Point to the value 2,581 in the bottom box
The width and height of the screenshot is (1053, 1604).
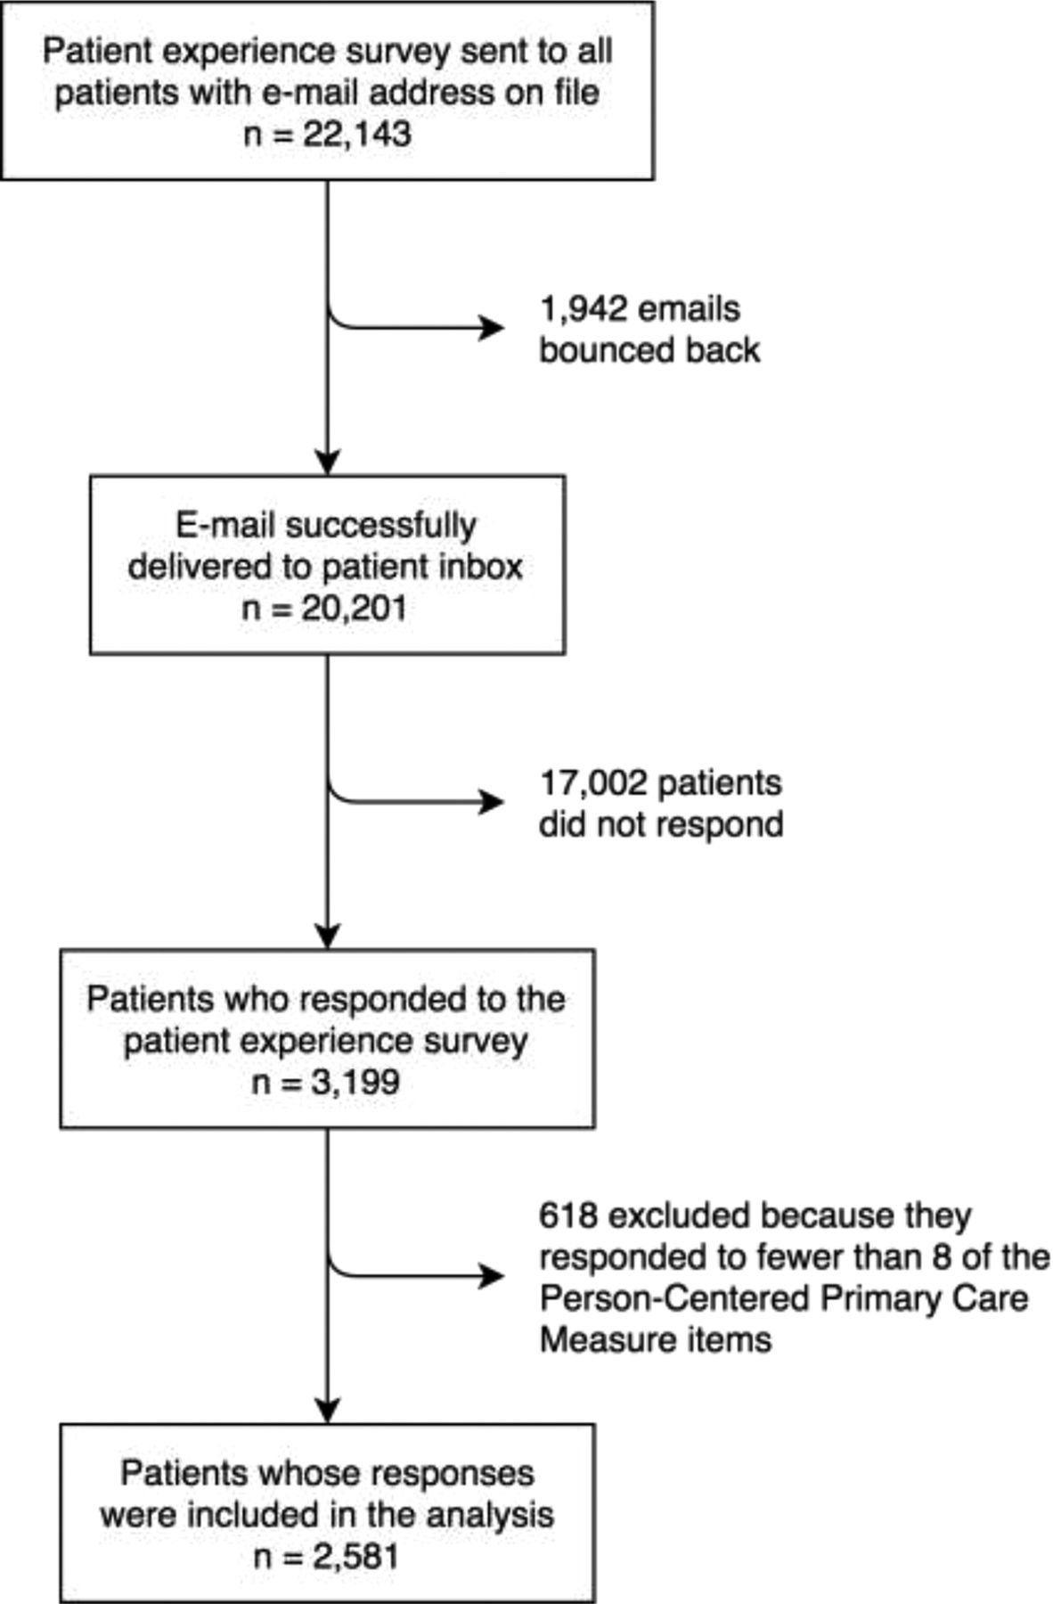click(x=355, y=1557)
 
